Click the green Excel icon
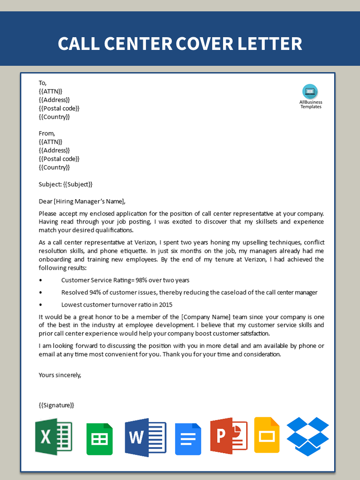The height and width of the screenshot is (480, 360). tap(54, 436)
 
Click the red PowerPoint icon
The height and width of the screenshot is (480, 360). tap(229, 436)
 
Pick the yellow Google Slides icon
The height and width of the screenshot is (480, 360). tap(267, 435)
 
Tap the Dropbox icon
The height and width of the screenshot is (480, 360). tap(308, 436)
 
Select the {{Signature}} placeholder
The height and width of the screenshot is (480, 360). tap(56, 405)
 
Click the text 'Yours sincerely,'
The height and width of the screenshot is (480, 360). tap(60, 375)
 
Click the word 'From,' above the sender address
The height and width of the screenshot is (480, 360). tap(47, 133)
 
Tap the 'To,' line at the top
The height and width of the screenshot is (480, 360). tap(43, 83)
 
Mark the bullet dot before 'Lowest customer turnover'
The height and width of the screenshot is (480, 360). tap(41, 305)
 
